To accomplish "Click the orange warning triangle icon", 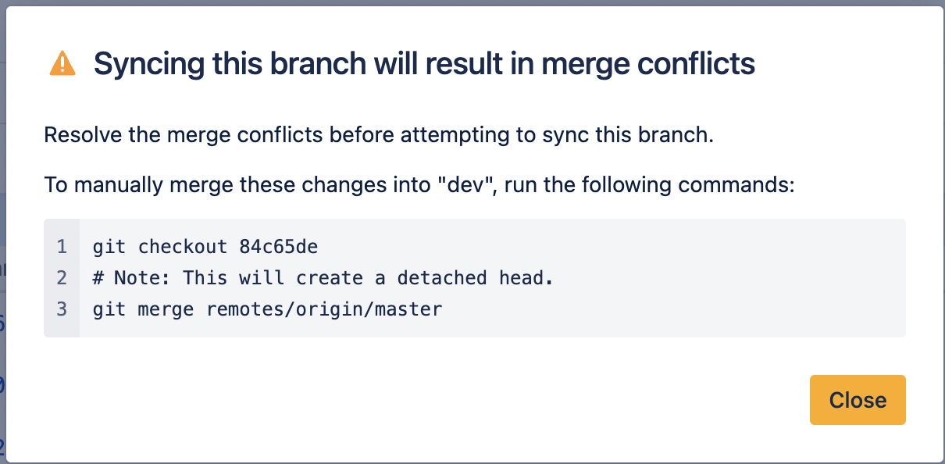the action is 62,63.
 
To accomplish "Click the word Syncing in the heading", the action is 149,65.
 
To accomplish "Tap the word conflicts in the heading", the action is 696,64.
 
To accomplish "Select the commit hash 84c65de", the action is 279,247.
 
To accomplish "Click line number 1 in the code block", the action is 62,247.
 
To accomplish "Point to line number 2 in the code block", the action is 62,278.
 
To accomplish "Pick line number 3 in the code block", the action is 62,309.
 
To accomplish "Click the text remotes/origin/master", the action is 324,309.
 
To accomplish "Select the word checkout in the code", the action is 183,247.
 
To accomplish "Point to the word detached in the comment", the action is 442,278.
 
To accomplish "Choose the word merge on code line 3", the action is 166,310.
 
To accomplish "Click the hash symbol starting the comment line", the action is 98,278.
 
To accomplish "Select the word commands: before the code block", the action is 736,185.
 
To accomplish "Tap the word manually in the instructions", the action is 119,186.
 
